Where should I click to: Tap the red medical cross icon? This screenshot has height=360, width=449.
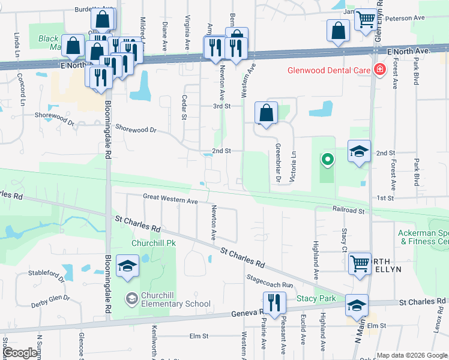(379, 70)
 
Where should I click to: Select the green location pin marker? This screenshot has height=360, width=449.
(327, 160)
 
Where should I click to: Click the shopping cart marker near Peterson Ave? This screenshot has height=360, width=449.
(366, 20)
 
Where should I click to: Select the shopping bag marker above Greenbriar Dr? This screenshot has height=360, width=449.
(266, 113)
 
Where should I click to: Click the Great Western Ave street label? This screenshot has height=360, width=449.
(170, 198)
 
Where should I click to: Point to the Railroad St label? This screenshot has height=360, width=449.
(348, 211)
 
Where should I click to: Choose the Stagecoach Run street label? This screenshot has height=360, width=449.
(270, 281)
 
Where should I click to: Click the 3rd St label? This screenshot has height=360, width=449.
(222, 106)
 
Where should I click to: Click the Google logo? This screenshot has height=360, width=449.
(20, 353)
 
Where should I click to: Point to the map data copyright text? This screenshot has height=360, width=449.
(411, 355)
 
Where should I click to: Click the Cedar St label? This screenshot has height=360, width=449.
(185, 107)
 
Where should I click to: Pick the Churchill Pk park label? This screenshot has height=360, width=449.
(153, 244)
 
